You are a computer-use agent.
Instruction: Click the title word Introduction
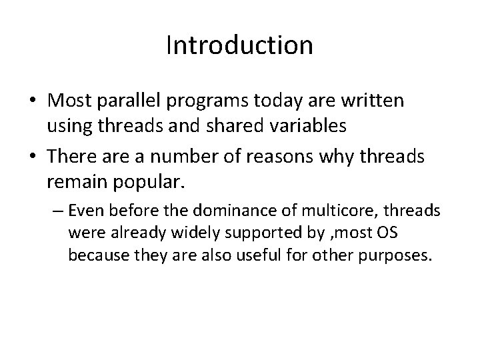pyautogui.click(x=239, y=45)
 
